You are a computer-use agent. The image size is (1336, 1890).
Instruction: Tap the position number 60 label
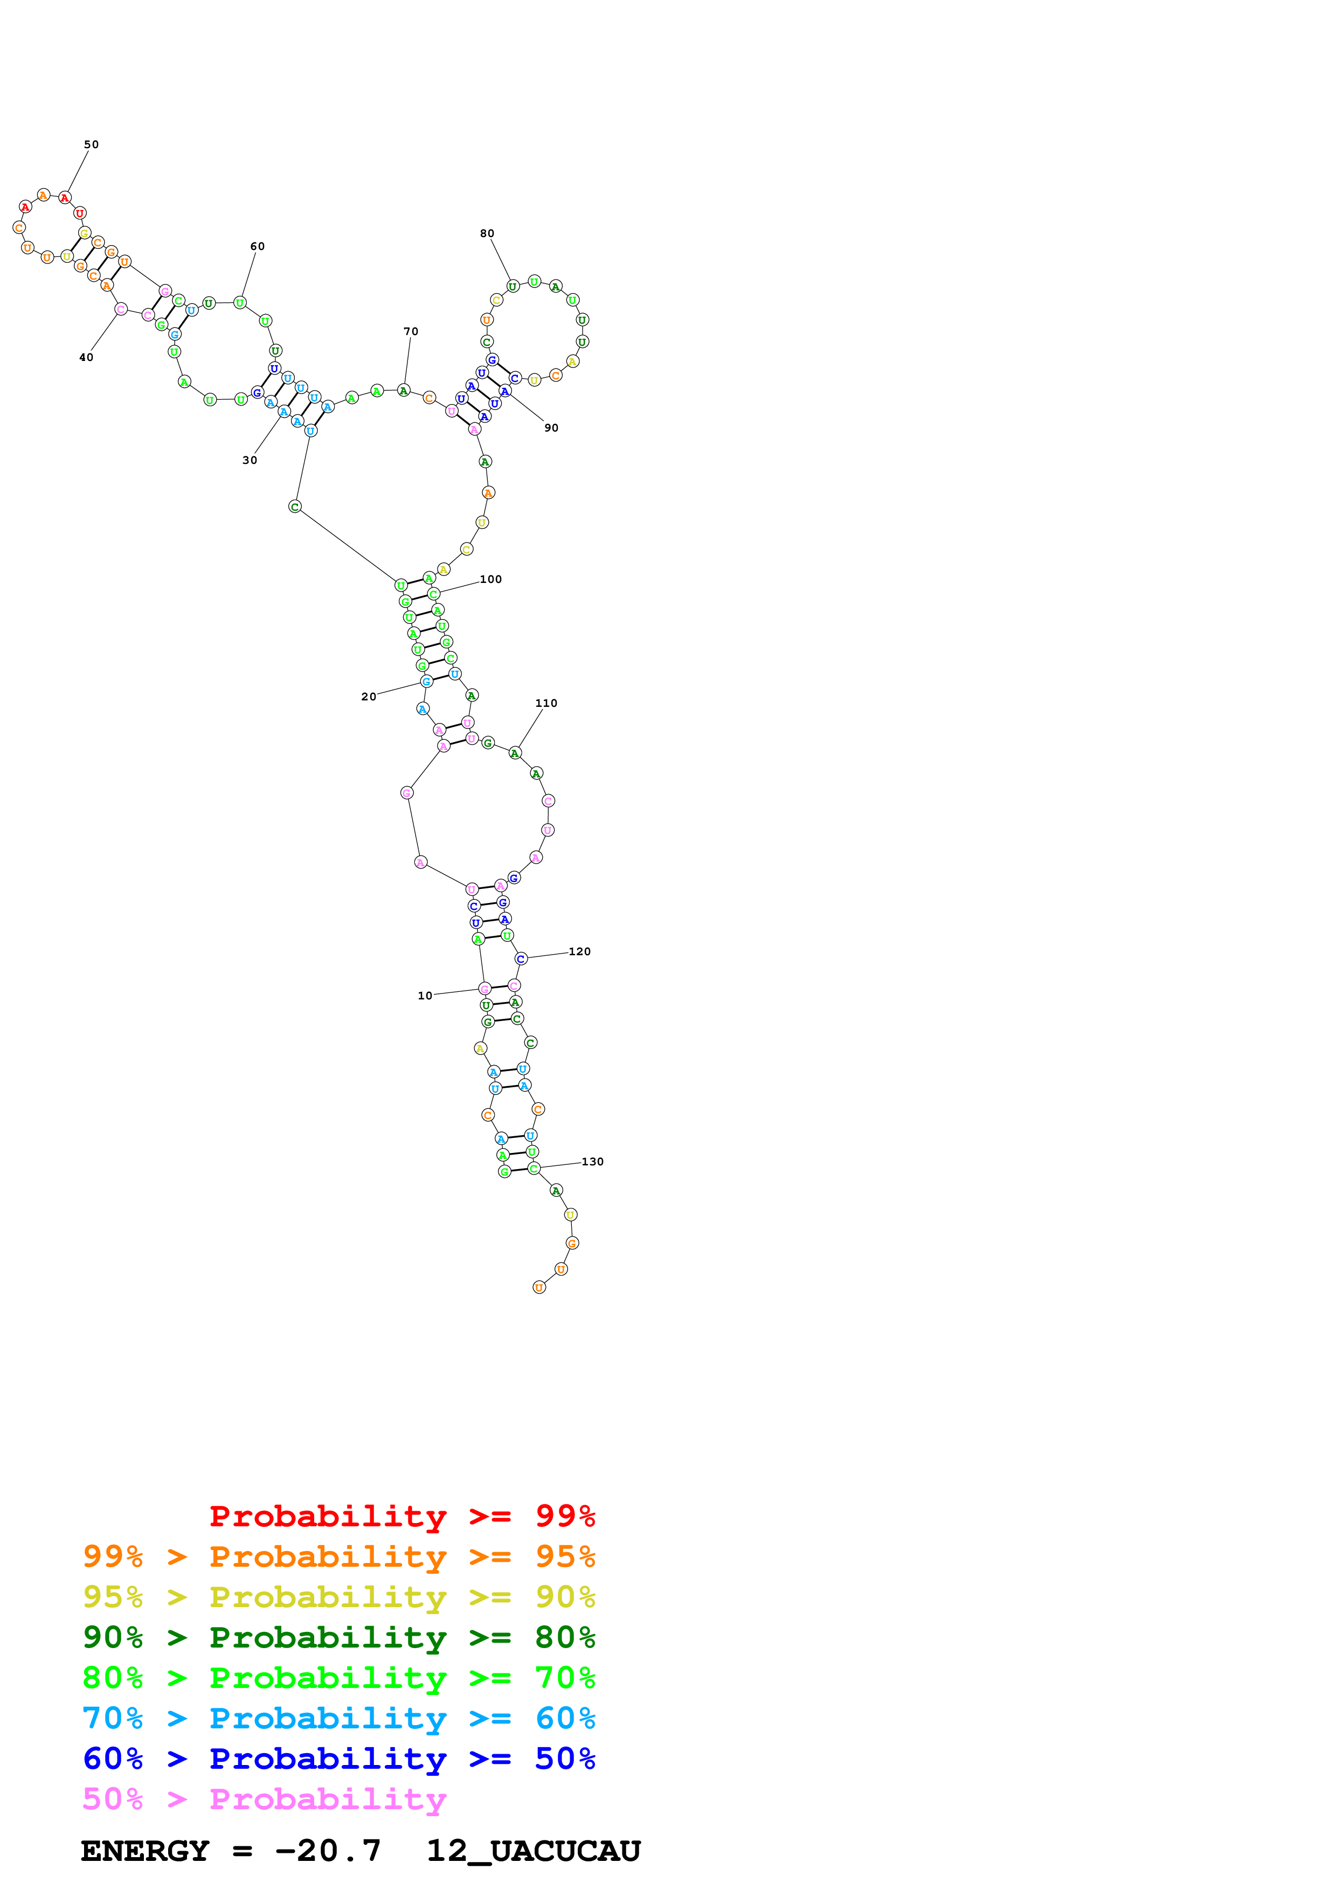(258, 246)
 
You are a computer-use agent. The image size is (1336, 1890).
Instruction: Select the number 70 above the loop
(411, 332)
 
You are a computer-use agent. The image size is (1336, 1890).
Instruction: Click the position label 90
(551, 428)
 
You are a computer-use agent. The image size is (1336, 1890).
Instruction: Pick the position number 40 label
(86, 357)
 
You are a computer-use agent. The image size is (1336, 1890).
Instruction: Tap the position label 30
(250, 460)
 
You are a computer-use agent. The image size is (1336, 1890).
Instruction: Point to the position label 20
(369, 697)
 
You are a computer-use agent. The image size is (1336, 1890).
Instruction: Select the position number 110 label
(546, 703)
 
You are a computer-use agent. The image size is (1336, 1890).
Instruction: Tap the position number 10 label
(425, 995)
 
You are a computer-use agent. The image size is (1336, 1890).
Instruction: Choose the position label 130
(593, 1162)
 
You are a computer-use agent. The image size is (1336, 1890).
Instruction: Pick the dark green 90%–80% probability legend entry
(338, 1637)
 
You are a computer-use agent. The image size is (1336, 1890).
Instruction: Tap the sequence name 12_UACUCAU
(534, 1851)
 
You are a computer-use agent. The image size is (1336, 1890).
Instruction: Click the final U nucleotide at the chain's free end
(539, 1288)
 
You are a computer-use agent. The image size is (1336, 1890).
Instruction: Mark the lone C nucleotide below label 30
(295, 506)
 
